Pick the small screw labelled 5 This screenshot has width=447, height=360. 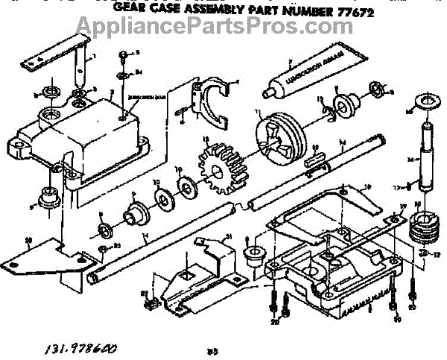point(121,55)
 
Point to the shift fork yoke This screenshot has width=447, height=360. point(217,101)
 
